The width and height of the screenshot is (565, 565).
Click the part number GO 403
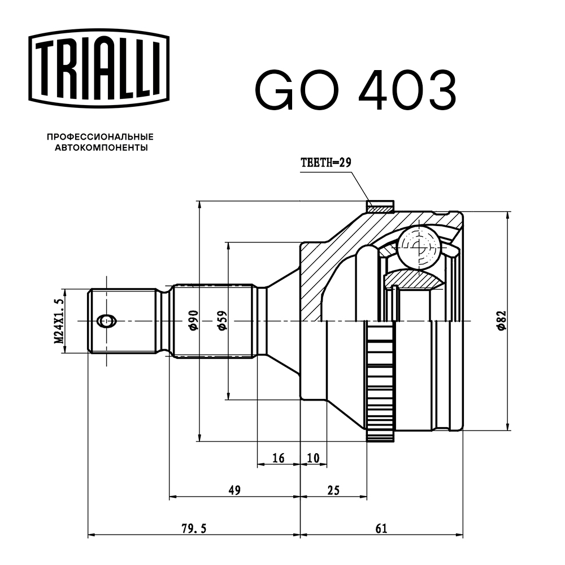355,90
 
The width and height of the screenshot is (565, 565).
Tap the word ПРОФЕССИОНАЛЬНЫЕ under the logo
100,137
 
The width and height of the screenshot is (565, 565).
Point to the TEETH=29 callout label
326,163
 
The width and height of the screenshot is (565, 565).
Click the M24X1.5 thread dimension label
58,321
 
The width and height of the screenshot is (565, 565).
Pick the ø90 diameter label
192,320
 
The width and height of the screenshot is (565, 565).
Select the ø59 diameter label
221,320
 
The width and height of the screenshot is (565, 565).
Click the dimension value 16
278,458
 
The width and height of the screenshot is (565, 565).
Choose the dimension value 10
313,458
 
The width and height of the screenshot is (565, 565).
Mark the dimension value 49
234,490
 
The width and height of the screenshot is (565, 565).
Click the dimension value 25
333,490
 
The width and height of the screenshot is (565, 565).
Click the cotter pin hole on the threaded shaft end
106,321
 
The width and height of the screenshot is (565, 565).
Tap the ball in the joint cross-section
418,247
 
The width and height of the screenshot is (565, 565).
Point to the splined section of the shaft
212,321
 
